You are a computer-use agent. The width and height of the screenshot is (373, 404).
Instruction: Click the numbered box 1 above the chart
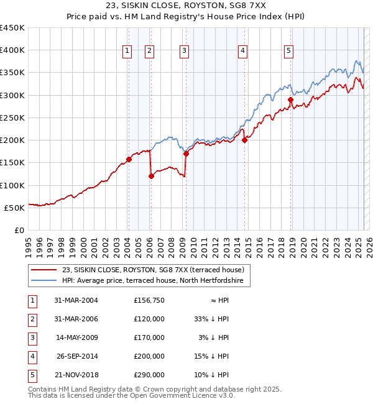[127, 51]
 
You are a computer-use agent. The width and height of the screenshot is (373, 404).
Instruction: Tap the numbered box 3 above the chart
[185, 51]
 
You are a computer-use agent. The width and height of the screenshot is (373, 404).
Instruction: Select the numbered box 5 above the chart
[289, 51]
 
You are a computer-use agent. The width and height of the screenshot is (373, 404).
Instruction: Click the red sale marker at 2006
[151, 176]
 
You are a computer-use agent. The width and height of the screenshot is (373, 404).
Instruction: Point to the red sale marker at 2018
[290, 99]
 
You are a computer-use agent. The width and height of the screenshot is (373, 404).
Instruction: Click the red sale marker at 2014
[245, 140]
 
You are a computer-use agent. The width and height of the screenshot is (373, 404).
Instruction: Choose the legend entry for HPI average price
[155, 281]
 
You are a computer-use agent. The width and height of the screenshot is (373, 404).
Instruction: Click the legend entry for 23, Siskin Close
[155, 270]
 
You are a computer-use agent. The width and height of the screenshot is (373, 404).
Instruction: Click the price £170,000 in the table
[149, 337]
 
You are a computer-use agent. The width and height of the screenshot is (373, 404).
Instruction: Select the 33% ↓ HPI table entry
[212, 319]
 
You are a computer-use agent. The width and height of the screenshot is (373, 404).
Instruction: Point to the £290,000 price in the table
[149, 375]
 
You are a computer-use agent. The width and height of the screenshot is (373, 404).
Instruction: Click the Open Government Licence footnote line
[132, 395]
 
